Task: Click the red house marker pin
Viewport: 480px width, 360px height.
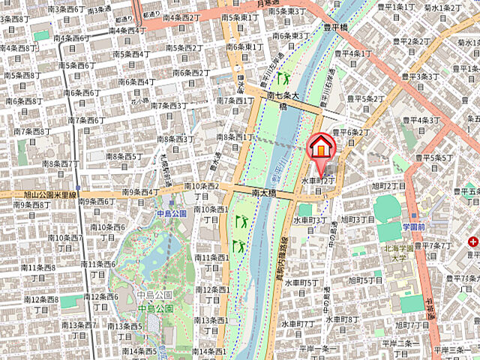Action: [x=320, y=147]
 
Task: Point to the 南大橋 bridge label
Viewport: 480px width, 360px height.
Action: [x=264, y=193]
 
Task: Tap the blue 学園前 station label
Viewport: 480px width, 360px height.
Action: [x=413, y=226]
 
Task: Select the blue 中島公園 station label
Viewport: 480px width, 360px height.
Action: [x=171, y=214]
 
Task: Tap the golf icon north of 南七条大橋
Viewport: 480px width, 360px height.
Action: [x=283, y=77]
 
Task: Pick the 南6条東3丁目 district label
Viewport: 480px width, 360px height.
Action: [x=290, y=35]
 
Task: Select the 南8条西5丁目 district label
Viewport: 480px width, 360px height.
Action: [x=124, y=156]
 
